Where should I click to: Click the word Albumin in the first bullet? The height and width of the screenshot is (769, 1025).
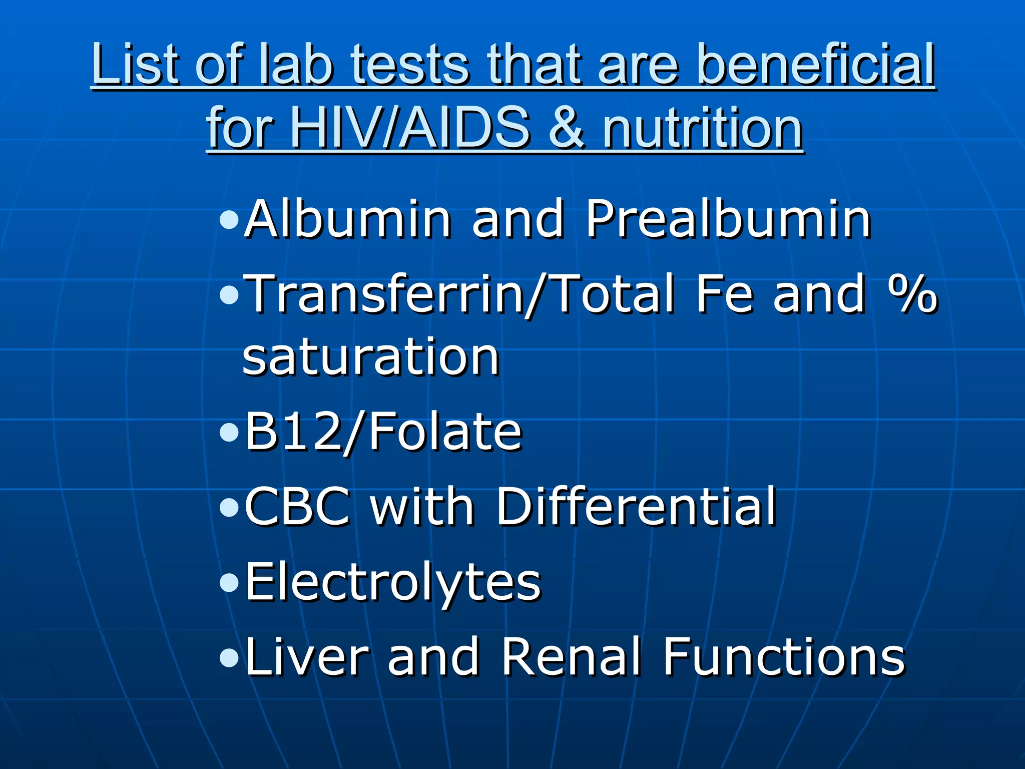click(x=348, y=219)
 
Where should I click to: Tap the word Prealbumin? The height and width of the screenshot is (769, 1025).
click(x=728, y=219)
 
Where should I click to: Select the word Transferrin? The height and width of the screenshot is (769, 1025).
click(x=383, y=294)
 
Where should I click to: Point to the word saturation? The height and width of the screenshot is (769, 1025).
click(x=371, y=356)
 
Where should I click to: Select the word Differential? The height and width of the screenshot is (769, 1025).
click(x=636, y=507)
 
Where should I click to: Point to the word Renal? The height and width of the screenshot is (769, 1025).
click(x=571, y=656)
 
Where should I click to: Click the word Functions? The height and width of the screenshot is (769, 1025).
click(x=784, y=656)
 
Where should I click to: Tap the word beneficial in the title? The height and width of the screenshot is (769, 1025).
click(x=815, y=64)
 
